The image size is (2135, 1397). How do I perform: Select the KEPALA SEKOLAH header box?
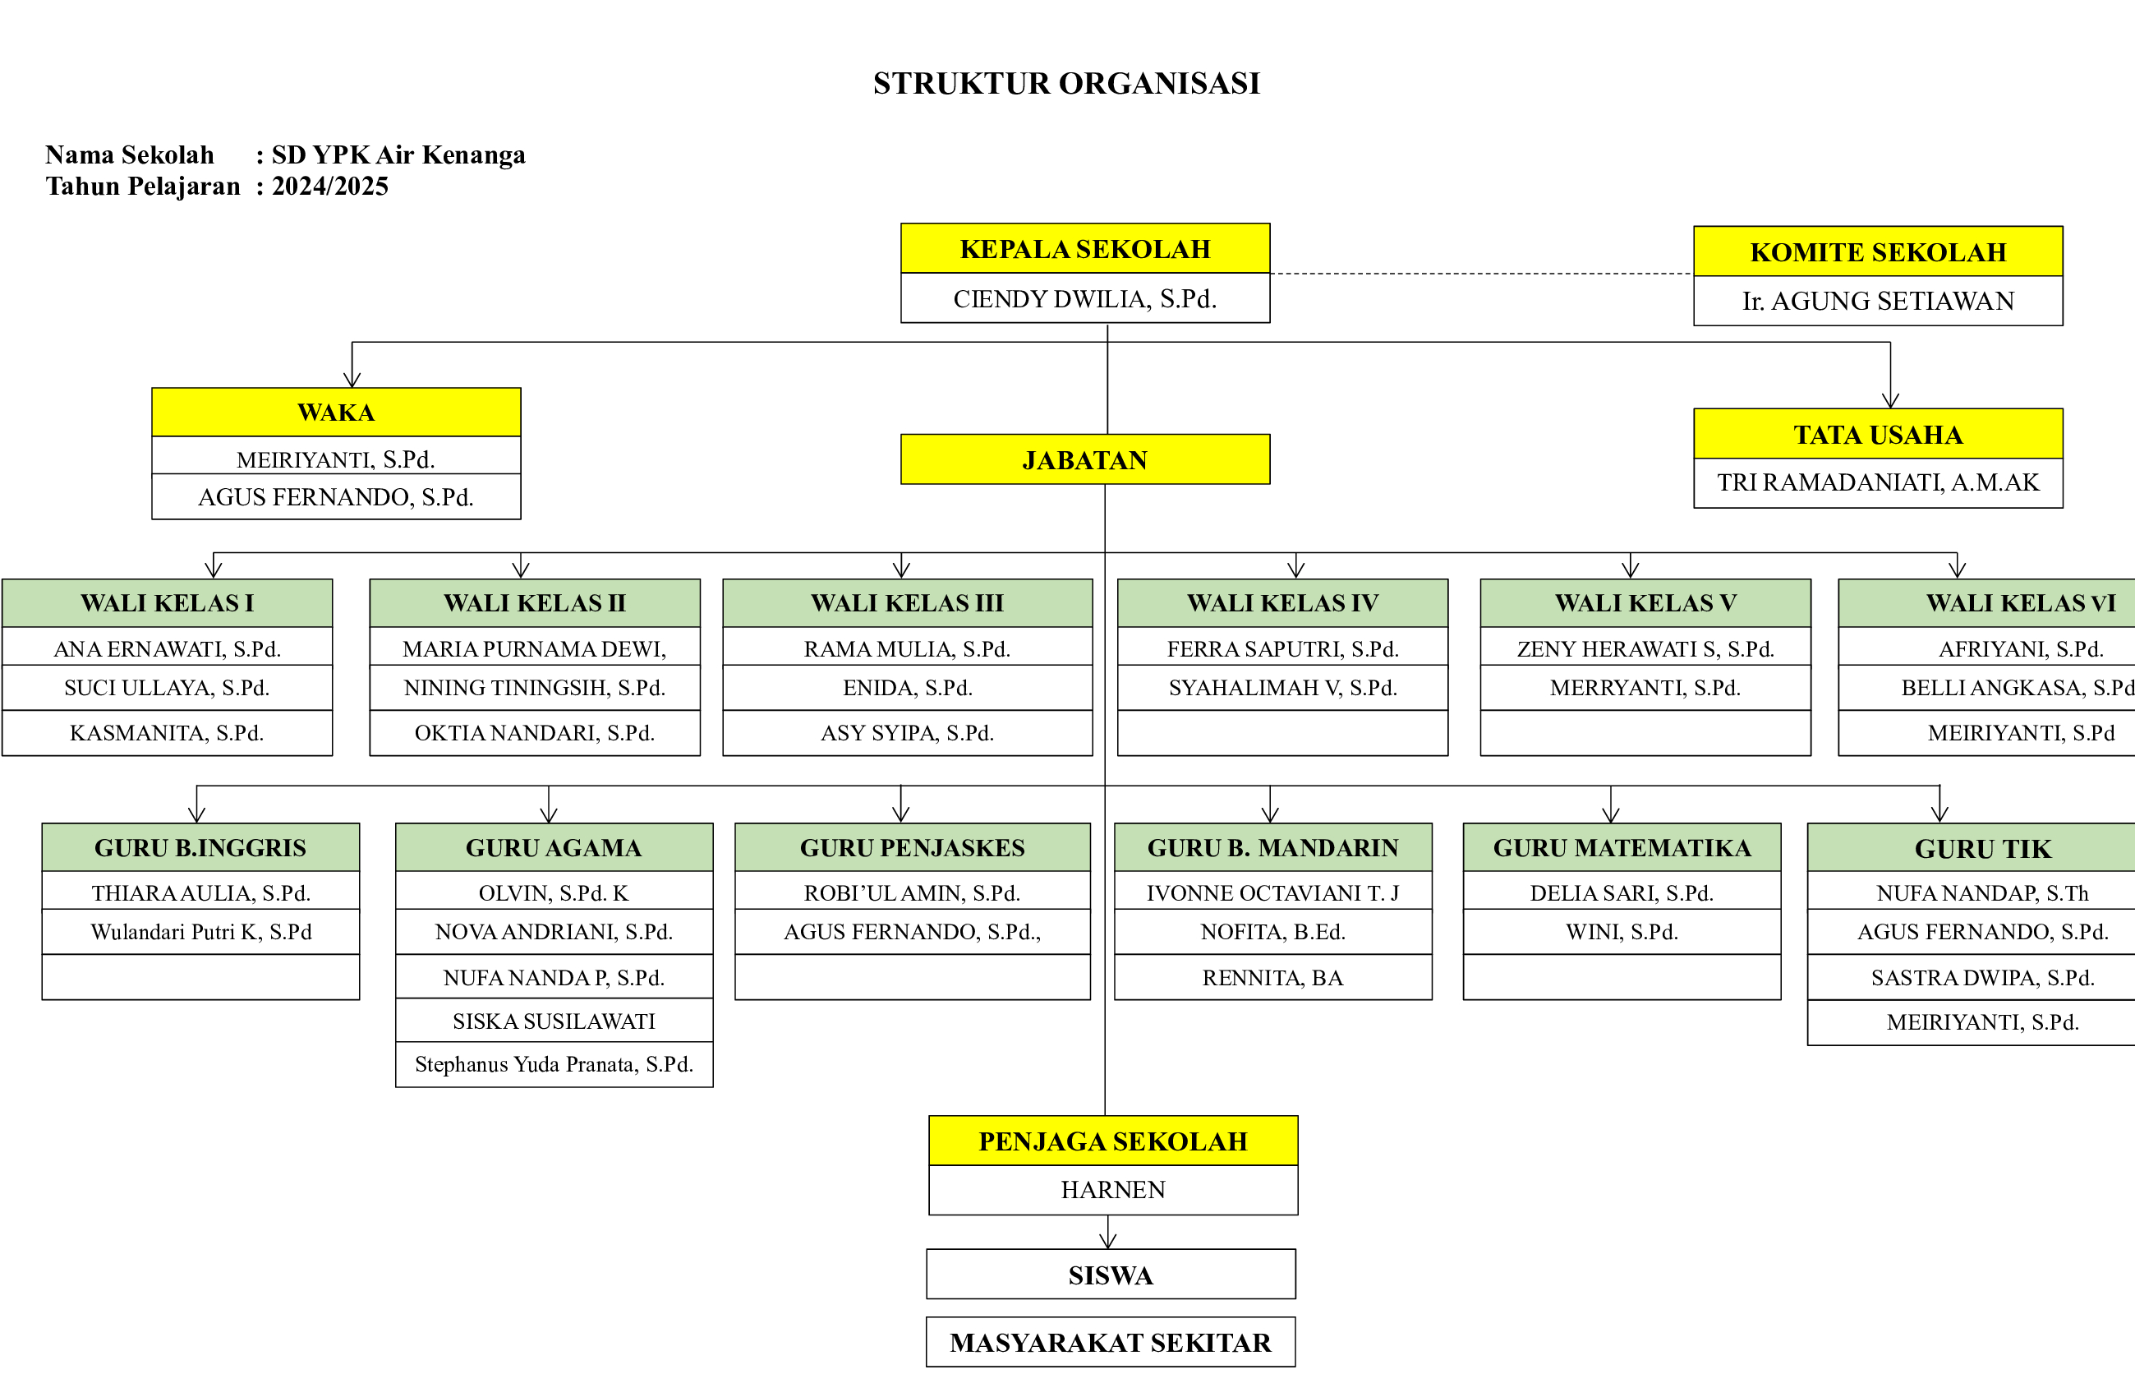[x=1085, y=248]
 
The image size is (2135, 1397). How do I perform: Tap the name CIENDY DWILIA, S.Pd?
[x=1085, y=299]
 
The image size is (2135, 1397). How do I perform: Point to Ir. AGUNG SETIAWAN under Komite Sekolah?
[x=1879, y=301]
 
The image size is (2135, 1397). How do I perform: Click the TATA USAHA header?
[x=1879, y=434]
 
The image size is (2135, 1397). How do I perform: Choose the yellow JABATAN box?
[x=1085, y=459]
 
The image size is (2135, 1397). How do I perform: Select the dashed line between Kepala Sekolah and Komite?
[x=1482, y=274]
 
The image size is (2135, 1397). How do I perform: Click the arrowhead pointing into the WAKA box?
[x=352, y=380]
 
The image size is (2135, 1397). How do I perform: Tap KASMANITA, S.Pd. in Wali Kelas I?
[x=167, y=733]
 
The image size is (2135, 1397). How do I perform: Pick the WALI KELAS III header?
[x=908, y=603]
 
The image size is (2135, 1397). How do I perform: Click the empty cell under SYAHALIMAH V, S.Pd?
[x=1283, y=733]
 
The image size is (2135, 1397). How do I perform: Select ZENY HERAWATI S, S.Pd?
[x=1645, y=648]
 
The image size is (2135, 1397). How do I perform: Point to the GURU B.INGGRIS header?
[x=201, y=847]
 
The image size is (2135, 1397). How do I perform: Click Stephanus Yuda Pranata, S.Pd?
[x=554, y=1064]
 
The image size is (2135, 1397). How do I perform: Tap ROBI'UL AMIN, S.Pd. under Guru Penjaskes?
[x=913, y=892]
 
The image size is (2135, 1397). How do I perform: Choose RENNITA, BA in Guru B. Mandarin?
[x=1273, y=977]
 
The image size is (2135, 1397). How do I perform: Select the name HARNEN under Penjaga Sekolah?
[x=1113, y=1190]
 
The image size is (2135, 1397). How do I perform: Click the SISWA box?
[x=1111, y=1274]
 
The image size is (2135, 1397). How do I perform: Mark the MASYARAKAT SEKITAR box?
[x=1111, y=1342]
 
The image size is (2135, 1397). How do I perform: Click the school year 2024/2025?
[x=330, y=187]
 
